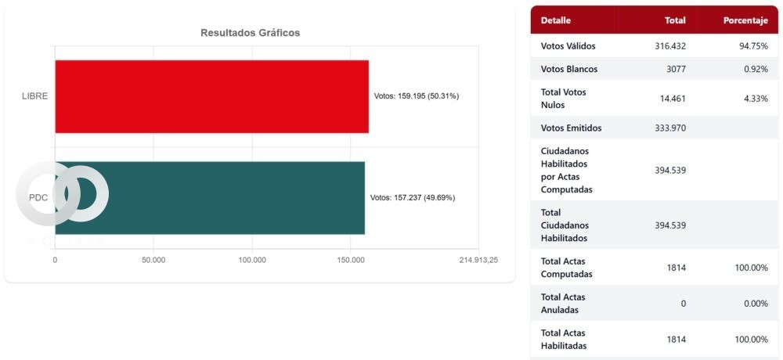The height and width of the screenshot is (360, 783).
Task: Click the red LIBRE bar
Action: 211,96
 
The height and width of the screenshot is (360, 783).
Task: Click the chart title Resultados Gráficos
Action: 250,33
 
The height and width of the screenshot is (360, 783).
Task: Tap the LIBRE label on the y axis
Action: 35,96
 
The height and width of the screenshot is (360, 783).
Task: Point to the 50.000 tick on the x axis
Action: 153,260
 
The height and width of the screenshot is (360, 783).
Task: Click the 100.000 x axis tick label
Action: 252,260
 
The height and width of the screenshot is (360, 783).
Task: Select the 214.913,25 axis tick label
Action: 478,260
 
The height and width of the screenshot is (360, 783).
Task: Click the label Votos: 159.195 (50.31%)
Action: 417,96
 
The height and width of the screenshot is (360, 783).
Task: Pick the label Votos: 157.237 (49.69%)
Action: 413,197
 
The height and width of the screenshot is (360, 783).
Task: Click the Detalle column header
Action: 556,20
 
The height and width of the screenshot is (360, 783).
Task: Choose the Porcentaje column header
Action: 745,20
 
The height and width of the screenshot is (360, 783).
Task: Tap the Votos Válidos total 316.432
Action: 670,46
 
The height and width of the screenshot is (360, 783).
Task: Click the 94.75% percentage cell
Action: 753,46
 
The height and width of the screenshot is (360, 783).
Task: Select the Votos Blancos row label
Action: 569,69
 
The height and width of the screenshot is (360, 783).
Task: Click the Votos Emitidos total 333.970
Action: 670,128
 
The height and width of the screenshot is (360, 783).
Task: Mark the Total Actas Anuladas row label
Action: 563,303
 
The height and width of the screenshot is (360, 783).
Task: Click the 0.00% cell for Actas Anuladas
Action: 756,304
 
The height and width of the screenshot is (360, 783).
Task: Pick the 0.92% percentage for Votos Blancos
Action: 756,69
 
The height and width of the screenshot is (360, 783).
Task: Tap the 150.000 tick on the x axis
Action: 351,260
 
